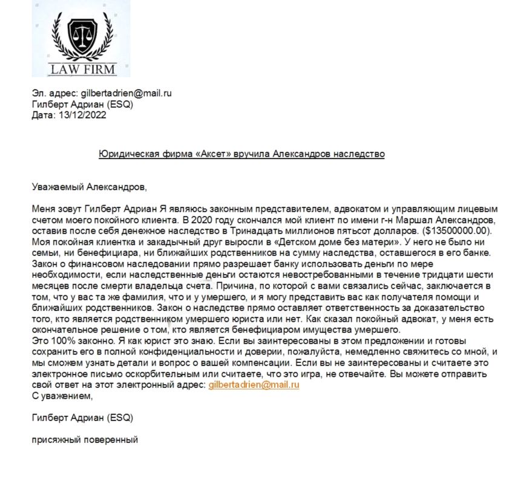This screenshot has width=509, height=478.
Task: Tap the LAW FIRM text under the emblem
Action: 81,69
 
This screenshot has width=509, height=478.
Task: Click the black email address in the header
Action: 126,94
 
